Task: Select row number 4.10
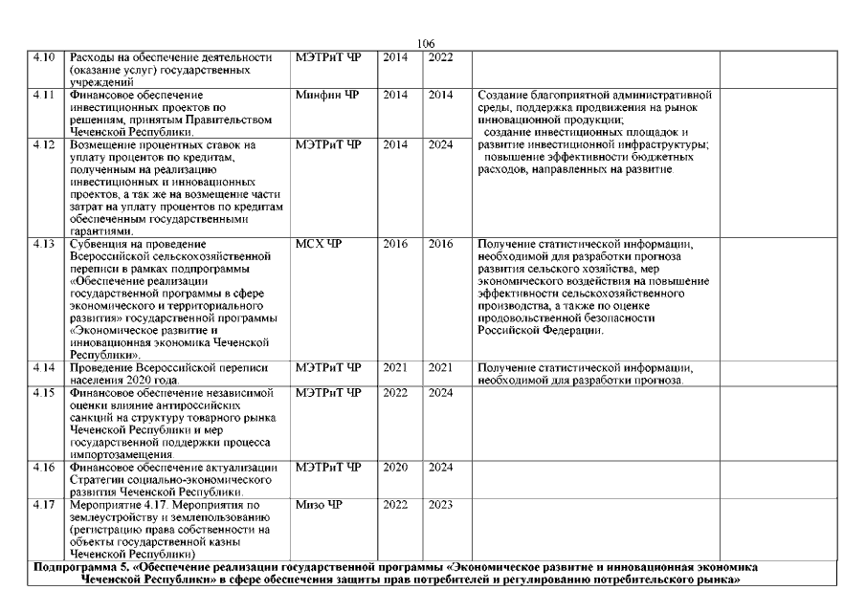coord(43,58)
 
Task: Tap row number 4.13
coord(43,245)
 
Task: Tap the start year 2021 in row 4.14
coord(395,368)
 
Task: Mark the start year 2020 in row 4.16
coord(395,468)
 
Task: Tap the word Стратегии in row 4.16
coord(100,480)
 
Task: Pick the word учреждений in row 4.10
coord(102,83)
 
